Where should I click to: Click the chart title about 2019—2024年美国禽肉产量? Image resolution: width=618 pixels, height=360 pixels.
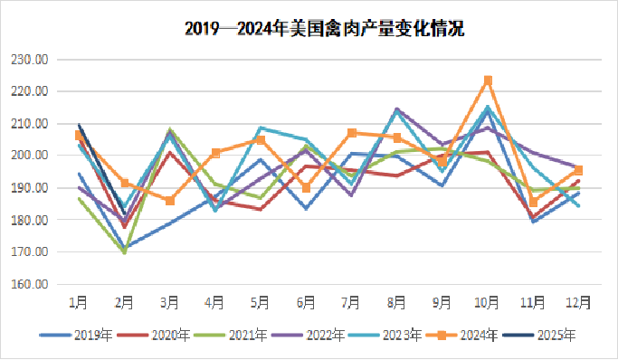click(x=325, y=29)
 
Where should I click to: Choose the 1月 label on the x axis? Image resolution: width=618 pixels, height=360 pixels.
click(x=80, y=300)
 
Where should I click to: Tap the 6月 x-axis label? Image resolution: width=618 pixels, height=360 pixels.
click(x=306, y=300)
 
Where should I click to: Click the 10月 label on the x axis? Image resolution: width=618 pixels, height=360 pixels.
click(x=488, y=300)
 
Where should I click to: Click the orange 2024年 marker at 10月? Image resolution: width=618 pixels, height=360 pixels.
click(x=488, y=81)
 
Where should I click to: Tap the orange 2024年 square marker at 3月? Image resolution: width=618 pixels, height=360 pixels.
click(x=170, y=201)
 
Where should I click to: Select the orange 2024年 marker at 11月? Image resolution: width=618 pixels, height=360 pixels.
click(x=533, y=202)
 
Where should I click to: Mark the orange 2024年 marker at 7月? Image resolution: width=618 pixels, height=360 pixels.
click(x=352, y=133)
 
